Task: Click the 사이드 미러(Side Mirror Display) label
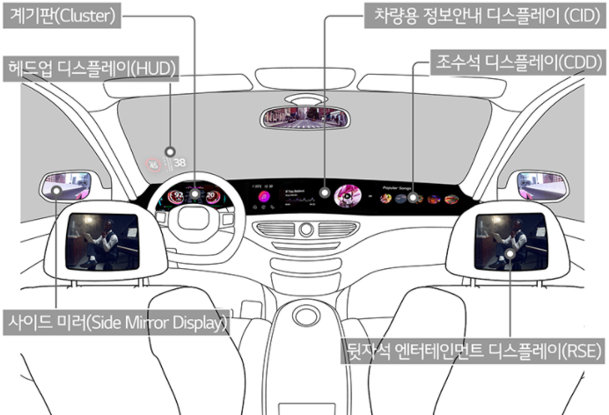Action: [116, 323]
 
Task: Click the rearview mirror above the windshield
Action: [304, 119]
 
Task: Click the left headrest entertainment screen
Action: [104, 239]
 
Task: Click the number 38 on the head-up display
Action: [180, 163]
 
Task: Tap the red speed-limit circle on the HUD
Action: [156, 164]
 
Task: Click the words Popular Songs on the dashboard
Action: [400, 186]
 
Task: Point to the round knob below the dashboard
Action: [305, 230]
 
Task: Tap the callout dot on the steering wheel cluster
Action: [194, 193]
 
